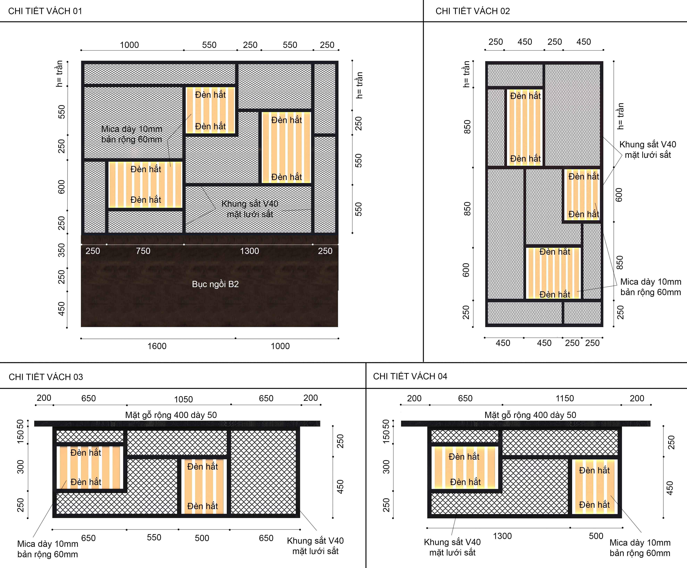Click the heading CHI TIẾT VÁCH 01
coord(45,11)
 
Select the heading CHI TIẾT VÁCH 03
coord(46,377)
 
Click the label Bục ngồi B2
coord(215,284)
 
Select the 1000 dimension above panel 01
coord(129,45)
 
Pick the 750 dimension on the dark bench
coord(143,251)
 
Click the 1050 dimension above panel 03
coord(183,399)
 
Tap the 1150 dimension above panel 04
coord(565,398)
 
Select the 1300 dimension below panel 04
coord(502,536)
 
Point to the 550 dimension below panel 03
coord(154,537)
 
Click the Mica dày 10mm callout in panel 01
coord(132,134)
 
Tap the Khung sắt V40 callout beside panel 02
coord(648,149)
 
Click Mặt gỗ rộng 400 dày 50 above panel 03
coord(171,415)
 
